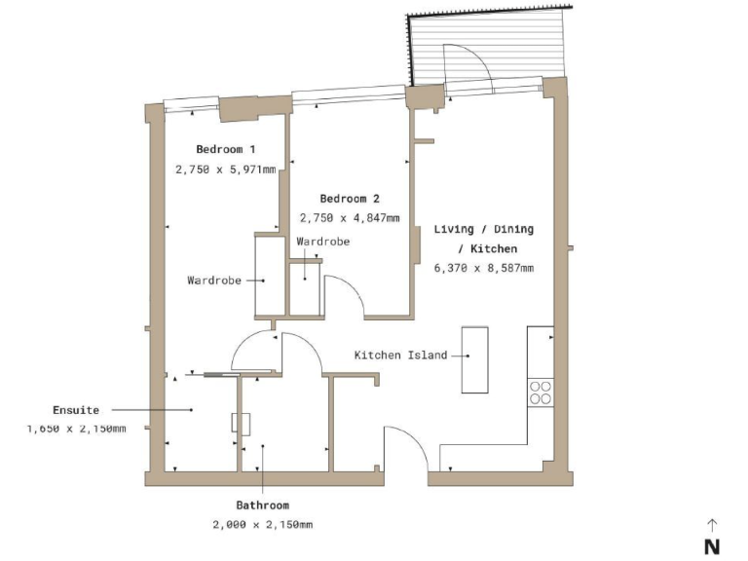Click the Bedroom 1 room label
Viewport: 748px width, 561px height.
pos(226,149)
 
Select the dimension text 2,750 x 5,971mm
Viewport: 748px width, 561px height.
pos(226,168)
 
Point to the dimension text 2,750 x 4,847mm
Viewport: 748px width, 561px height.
pos(350,218)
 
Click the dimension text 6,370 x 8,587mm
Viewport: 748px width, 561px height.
pos(484,268)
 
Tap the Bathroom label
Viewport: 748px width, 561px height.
pos(262,505)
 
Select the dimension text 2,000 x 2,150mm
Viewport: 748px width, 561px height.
pos(262,525)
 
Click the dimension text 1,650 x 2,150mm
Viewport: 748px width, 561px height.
pos(77,429)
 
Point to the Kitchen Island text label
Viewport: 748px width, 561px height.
pos(400,355)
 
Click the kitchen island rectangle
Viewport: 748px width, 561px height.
pos(474,358)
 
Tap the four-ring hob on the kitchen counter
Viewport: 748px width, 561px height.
pos(541,393)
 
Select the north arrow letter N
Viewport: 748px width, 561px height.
pos(712,546)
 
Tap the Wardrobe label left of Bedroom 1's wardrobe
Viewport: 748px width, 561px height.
pos(213,280)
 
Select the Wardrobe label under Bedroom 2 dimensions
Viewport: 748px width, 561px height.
pos(323,241)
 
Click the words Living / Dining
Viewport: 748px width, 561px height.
pos(484,230)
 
